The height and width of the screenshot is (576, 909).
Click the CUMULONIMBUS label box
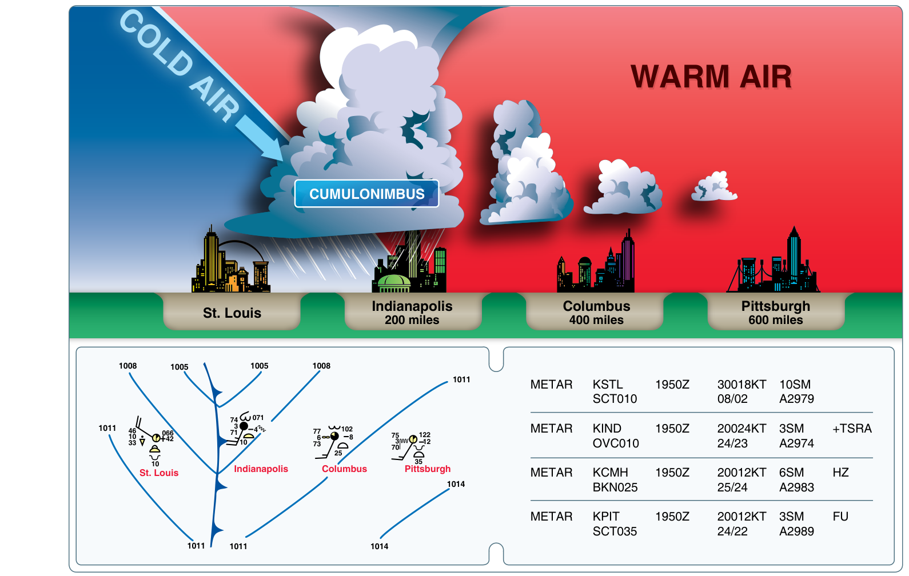pyautogui.click(x=366, y=194)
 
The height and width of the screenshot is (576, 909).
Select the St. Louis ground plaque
pyautogui.click(x=232, y=312)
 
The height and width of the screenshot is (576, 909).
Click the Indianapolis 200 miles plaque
pyautogui.click(x=412, y=312)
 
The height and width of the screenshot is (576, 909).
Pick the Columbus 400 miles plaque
pyautogui.click(x=596, y=312)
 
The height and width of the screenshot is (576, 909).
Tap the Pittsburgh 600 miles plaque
pyautogui.click(x=775, y=312)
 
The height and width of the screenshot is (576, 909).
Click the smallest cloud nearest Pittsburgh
pyautogui.click(x=714, y=187)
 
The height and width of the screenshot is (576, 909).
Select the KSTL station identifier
pyautogui.click(x=608, y=384)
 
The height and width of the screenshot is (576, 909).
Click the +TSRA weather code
pyautogui.click(x=852, y=429)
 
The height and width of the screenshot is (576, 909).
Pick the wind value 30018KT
pyautogui.click(x=741, y=384)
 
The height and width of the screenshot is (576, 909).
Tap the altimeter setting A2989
pyautogui.click(x=796, y=531)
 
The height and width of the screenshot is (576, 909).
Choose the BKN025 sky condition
pyautogui.click(x=615, y=487)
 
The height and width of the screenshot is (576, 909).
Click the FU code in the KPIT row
pyautogui.click(x=840, y=517)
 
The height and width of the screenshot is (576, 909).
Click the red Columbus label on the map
pyautogui.click(x=344, y=469)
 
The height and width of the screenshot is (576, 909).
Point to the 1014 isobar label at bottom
pyautogui.click(x=379, y=546)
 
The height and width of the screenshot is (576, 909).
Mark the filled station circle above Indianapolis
pyautogui.click(x=244, y=426)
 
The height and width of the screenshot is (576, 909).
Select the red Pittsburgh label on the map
pyautogui.click(x=427, y=469)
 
